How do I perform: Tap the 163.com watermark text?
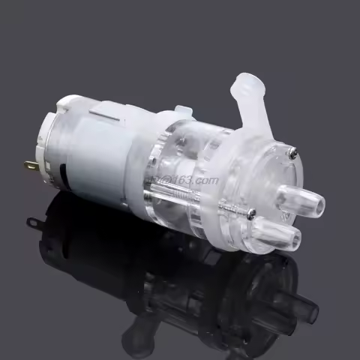pos(192,179)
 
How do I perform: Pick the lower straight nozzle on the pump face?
pos(278,237)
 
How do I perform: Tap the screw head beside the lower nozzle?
pos(252,214)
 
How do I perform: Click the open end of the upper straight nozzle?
pos(319,202)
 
